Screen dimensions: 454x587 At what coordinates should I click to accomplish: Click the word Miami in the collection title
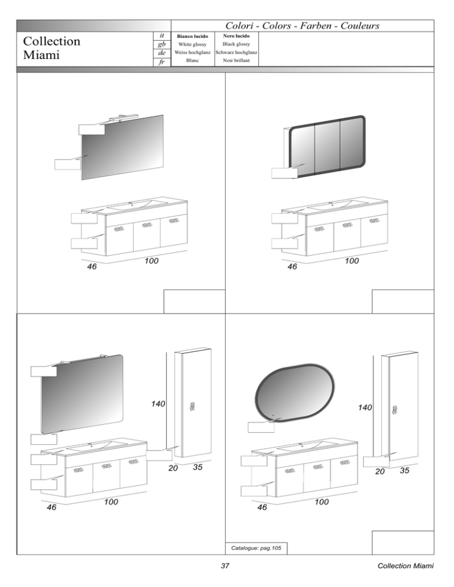click(x=41, y=55)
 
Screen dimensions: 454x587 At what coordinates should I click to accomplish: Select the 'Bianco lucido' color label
click(x=192, y=36)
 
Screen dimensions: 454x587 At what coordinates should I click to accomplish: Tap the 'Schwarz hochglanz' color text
click(x=236, y=53)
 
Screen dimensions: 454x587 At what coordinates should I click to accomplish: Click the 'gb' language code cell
click(x=162, y=44)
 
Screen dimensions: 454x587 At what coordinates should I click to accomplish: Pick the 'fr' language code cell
click(x=162, y=62)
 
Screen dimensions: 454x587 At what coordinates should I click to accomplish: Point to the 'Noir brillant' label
click(x=236, y=60)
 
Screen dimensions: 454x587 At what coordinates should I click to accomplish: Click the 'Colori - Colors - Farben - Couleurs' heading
click(x=302, y=26)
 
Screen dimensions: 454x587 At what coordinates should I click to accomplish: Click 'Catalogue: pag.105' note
click(x=256, y=548)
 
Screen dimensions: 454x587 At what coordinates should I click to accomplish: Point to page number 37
click(x=225, y=566)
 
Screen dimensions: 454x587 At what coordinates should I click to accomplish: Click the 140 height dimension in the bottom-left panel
click(x=158, y=404)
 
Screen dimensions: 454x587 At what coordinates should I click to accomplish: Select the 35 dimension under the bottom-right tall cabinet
click(x=404, y=471)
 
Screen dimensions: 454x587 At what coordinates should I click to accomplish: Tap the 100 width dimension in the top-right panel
click(x=352, y=261)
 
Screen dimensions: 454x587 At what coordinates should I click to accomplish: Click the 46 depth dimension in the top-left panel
click(x=92, y=266)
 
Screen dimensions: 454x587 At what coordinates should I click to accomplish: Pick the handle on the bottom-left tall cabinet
click(x=192, y=406)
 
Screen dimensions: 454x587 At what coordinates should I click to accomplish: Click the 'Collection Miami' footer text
click(x=406, y=566)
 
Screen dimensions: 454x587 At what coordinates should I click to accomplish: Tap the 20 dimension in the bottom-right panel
click(x=380, y=471)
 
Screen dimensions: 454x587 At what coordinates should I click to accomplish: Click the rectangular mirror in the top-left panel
click(x=122, y=147)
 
